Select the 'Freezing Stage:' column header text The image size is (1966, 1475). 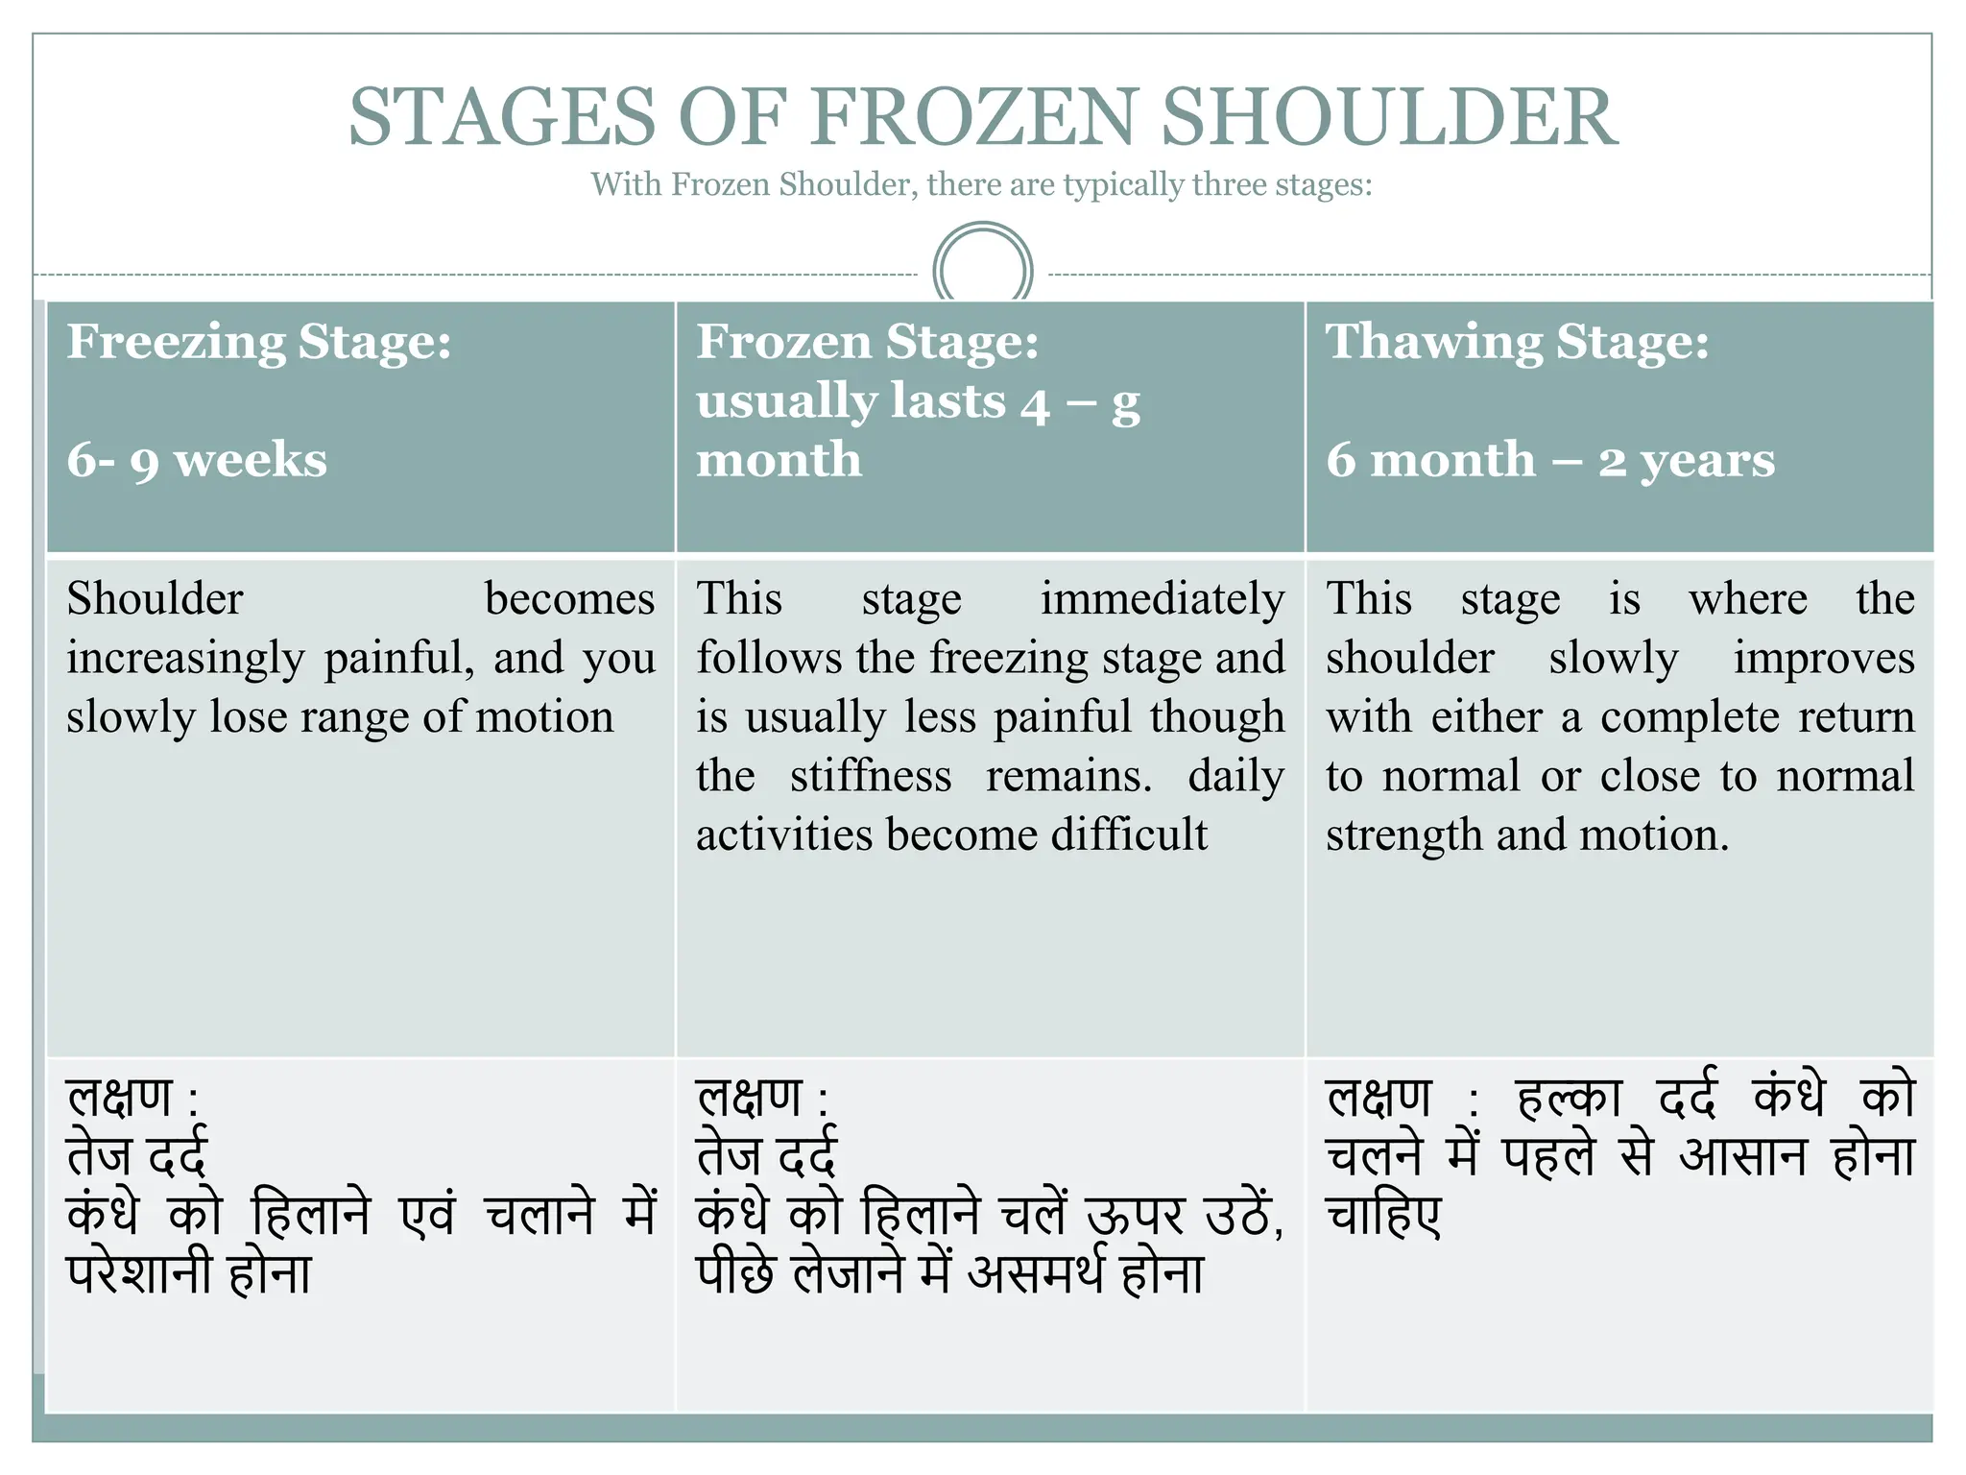[x=259, y=342]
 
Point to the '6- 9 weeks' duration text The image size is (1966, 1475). [x=197, y=460]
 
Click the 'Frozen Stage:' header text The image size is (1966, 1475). [x=868, y=342]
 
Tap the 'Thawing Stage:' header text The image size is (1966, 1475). [x=1518, y=342]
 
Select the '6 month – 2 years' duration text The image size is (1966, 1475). [x=1550, y=460]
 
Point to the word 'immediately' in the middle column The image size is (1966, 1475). [x=1163, y=599]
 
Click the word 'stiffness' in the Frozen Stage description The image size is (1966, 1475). [x=871, y=776]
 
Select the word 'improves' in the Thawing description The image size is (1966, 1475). [x=1823, y=659]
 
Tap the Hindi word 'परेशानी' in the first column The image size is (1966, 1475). [x=138, y=1274]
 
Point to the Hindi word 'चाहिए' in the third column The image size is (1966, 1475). [x=1383, y=1215]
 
